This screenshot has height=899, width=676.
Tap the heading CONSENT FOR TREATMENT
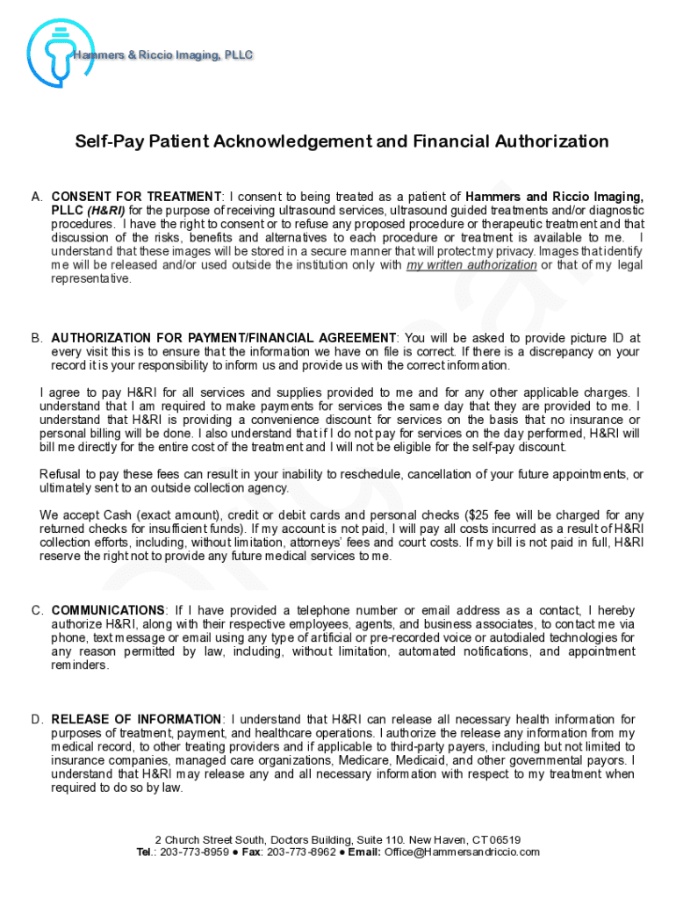(136, 197)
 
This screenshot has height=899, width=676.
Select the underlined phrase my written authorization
(471, 265)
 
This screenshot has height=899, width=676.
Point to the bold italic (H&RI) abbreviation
(105, 211)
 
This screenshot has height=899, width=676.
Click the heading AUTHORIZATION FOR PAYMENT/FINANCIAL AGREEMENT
(224, 338)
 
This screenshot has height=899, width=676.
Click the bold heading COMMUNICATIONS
(108, 611)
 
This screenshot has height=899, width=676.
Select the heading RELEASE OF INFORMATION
(136, 720)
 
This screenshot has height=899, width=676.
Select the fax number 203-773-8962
(301, 852)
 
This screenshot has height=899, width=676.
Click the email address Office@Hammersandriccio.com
(462, 852)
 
